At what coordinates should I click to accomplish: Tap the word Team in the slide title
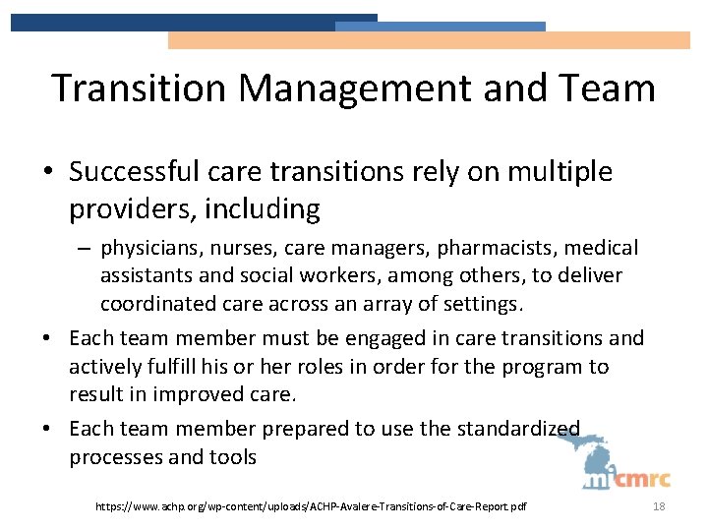[x=606, y=88]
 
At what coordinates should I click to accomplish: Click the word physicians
[x=148, y=249]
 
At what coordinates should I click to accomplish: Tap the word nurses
[x=237, y=249]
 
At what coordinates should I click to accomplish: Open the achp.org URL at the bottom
[x=311, y=505]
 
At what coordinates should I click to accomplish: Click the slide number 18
[x=658, y=505]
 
